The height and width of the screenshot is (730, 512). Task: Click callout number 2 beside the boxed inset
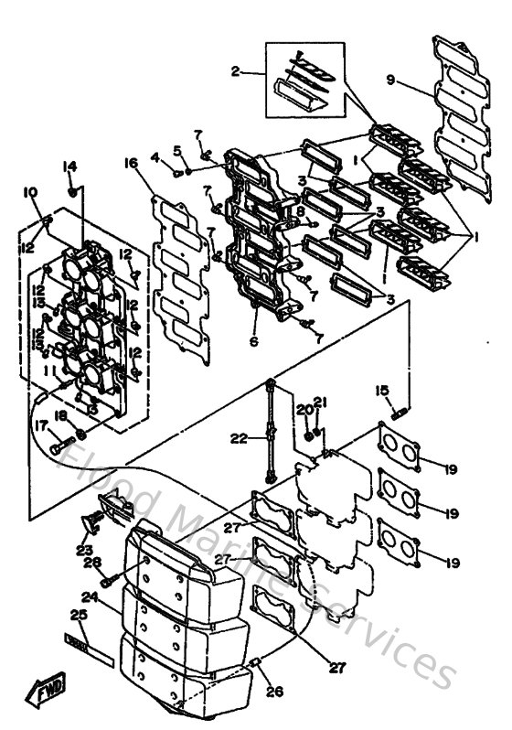coord(236,70)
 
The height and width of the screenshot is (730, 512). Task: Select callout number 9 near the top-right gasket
coord(390,81)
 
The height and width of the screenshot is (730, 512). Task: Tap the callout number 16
coord(131,163)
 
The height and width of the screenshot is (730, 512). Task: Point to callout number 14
coord(69,166)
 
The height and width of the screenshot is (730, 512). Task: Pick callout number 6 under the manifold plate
coord(254,341)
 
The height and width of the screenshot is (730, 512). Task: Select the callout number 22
coord(240,438)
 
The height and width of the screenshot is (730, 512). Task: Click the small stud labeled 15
coord(400,413)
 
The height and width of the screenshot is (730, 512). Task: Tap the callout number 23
coord(85,551)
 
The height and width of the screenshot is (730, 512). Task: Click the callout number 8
coord(299,212)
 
